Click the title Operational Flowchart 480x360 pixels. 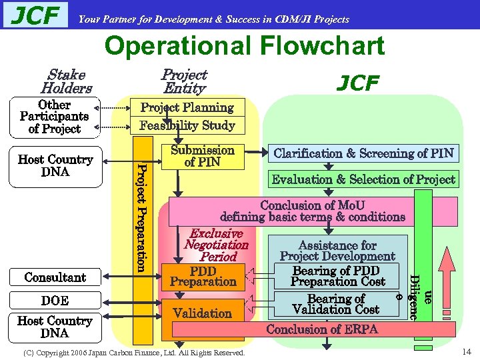[x=245, y=46]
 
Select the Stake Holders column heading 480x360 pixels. [x=66, y=81]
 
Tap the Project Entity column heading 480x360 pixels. [x=185, y=81]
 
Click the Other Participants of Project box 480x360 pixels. [x=54, y=117]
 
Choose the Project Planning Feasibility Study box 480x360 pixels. [x=187, y=116]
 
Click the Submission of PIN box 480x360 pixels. [x=202, y=156]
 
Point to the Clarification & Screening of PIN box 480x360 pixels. [x=363, y=153]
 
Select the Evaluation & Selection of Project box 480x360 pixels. [x=363, y=179]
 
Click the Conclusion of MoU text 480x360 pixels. [x=313, y=211]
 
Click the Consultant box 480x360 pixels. [x=55, y=277]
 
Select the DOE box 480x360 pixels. [x=55, y=301]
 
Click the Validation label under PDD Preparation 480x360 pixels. [x=202, y=313]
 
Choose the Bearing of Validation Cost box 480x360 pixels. [x=335, y=304]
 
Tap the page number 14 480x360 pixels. [x=466, y=351]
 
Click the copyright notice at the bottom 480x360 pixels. [x=133, y=351]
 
